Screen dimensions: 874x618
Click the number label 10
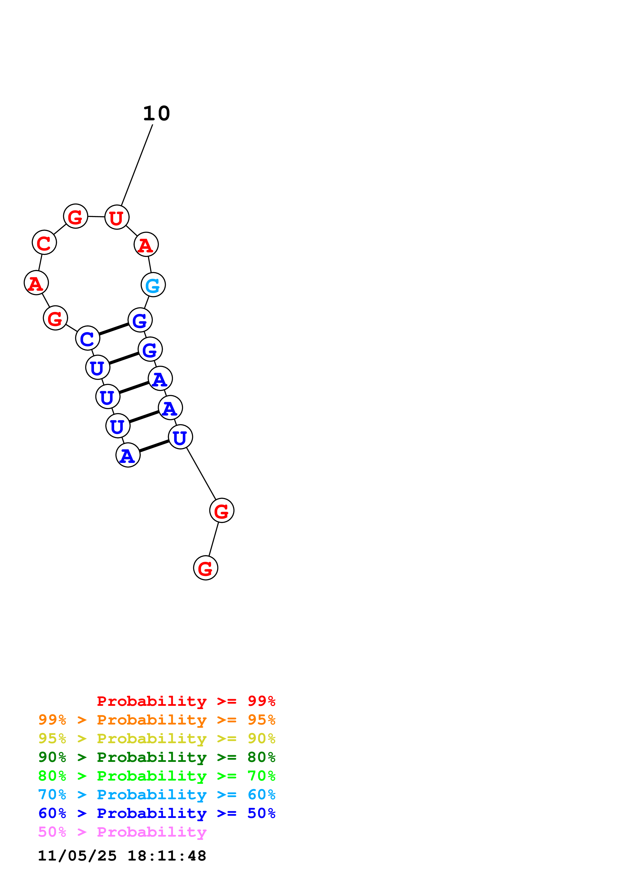[x=157, y=113]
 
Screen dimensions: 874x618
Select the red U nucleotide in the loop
[x=116, y=217]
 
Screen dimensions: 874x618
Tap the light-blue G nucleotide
[x=153, y=285]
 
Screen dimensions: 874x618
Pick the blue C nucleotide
[x=88, y=338]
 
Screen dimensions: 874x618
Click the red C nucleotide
[x=44, y=242]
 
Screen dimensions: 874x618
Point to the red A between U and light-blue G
[x=146, y=244]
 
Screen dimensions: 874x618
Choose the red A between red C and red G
[x=36, y=283]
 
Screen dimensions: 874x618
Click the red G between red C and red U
[x=75, y=216]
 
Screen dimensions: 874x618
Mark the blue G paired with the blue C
[x=140, y=320]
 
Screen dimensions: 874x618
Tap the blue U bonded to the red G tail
[x=180, y=437]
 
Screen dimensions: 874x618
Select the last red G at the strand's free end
[x=206, y=568]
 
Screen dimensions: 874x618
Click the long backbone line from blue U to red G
[x=201, y=474]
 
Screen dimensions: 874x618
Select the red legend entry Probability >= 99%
[x=186, y=701]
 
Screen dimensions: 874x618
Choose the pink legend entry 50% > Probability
[x=122, y=832]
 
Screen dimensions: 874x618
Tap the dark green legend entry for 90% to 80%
[x=157, y=757]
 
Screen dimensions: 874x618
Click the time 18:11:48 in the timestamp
[x=167, y=856]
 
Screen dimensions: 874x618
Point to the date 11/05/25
[x=77, y=856]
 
